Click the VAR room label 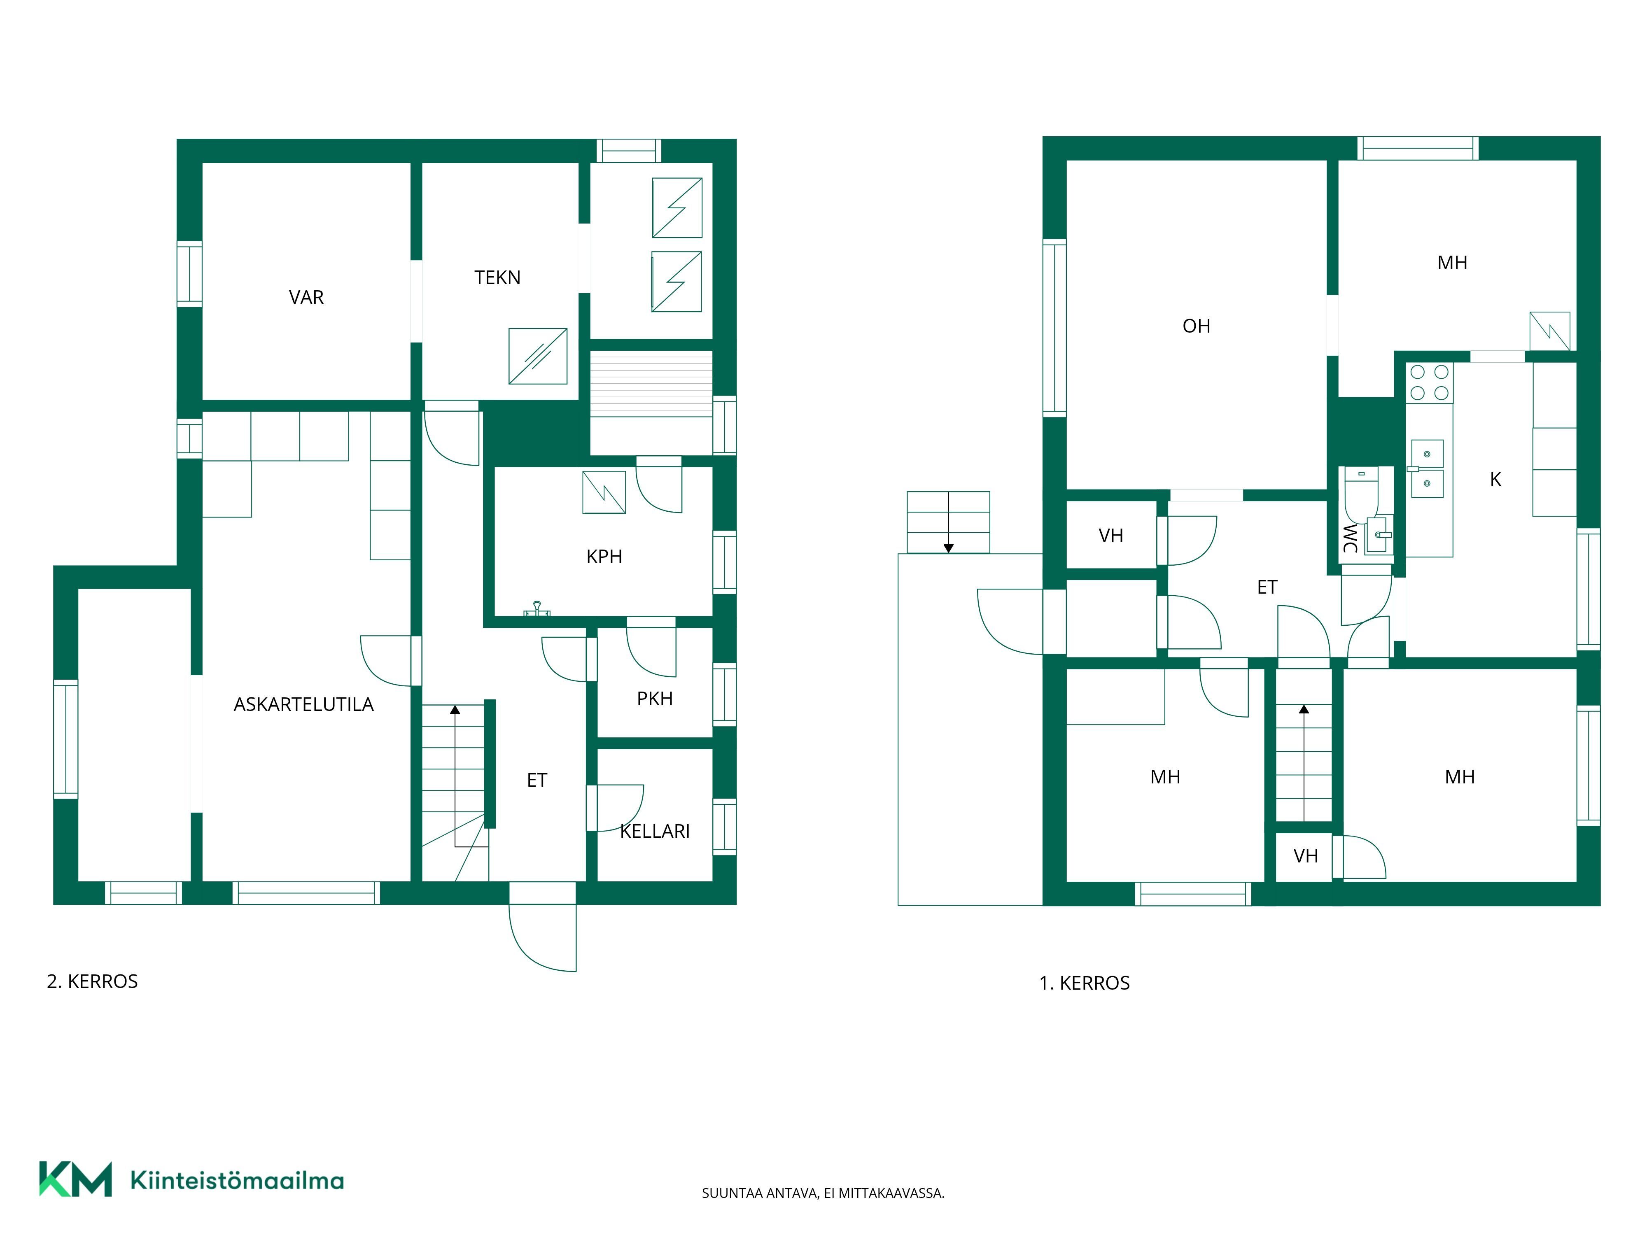click(x=306, y=298)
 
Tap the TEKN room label click(x=497, y=278)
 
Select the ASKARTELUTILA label click(x=304, y=704)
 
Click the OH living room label click(x=1197, y=326)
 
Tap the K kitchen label click(x=1495, y=480)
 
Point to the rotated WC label click(x=1350, y=538)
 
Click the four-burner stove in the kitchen click(x=1430, y=382)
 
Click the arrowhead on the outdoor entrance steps click(x=949, y=549)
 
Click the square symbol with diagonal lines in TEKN click(x=538, y=357)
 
